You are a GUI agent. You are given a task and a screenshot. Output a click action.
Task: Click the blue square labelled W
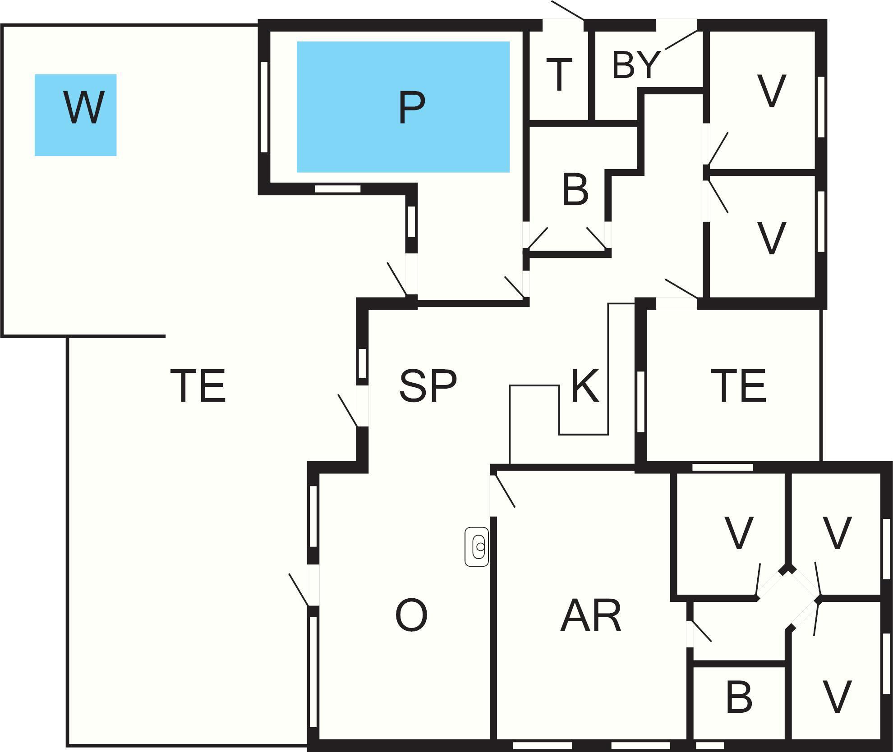(76, 115)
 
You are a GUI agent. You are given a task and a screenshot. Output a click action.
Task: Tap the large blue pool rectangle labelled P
(403, 107)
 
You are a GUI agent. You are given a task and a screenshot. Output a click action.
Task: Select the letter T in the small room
(559, 75)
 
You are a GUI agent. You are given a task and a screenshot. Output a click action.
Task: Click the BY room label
(636, 65)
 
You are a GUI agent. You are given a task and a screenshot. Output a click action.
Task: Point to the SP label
(428, 385)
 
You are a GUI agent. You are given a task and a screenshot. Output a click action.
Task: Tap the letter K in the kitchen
(585, 385)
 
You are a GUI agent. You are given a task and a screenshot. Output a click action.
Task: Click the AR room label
(591, 616)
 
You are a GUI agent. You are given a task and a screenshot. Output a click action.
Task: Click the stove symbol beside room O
(477, 546)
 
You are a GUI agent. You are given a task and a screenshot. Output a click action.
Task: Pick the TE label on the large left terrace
(198, 385)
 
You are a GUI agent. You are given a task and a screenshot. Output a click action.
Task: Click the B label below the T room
(575, 190)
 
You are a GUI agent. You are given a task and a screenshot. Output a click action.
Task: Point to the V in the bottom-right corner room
(837, 697)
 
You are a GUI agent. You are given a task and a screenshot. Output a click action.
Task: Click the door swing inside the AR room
(505, 491)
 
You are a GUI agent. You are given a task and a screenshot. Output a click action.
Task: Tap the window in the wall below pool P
(337, 189)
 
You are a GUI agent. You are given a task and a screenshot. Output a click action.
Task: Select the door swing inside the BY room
(681, 40)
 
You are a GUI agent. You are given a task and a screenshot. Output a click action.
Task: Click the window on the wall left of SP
(362, 364)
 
